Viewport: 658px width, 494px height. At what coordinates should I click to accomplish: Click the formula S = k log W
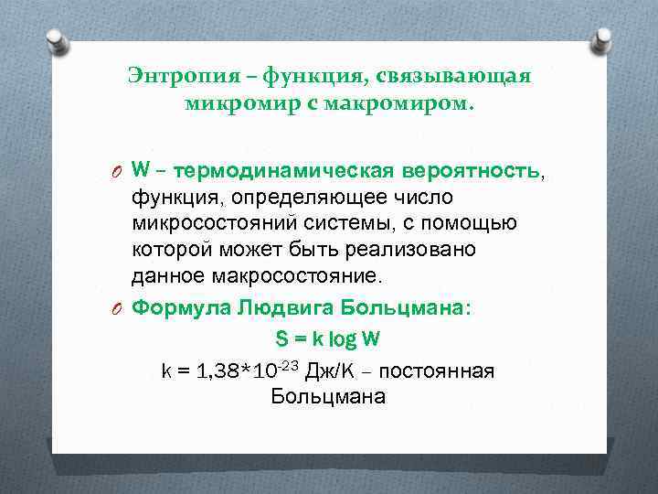[328, 339]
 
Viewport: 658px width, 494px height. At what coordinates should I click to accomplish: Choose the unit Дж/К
[334, 370]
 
